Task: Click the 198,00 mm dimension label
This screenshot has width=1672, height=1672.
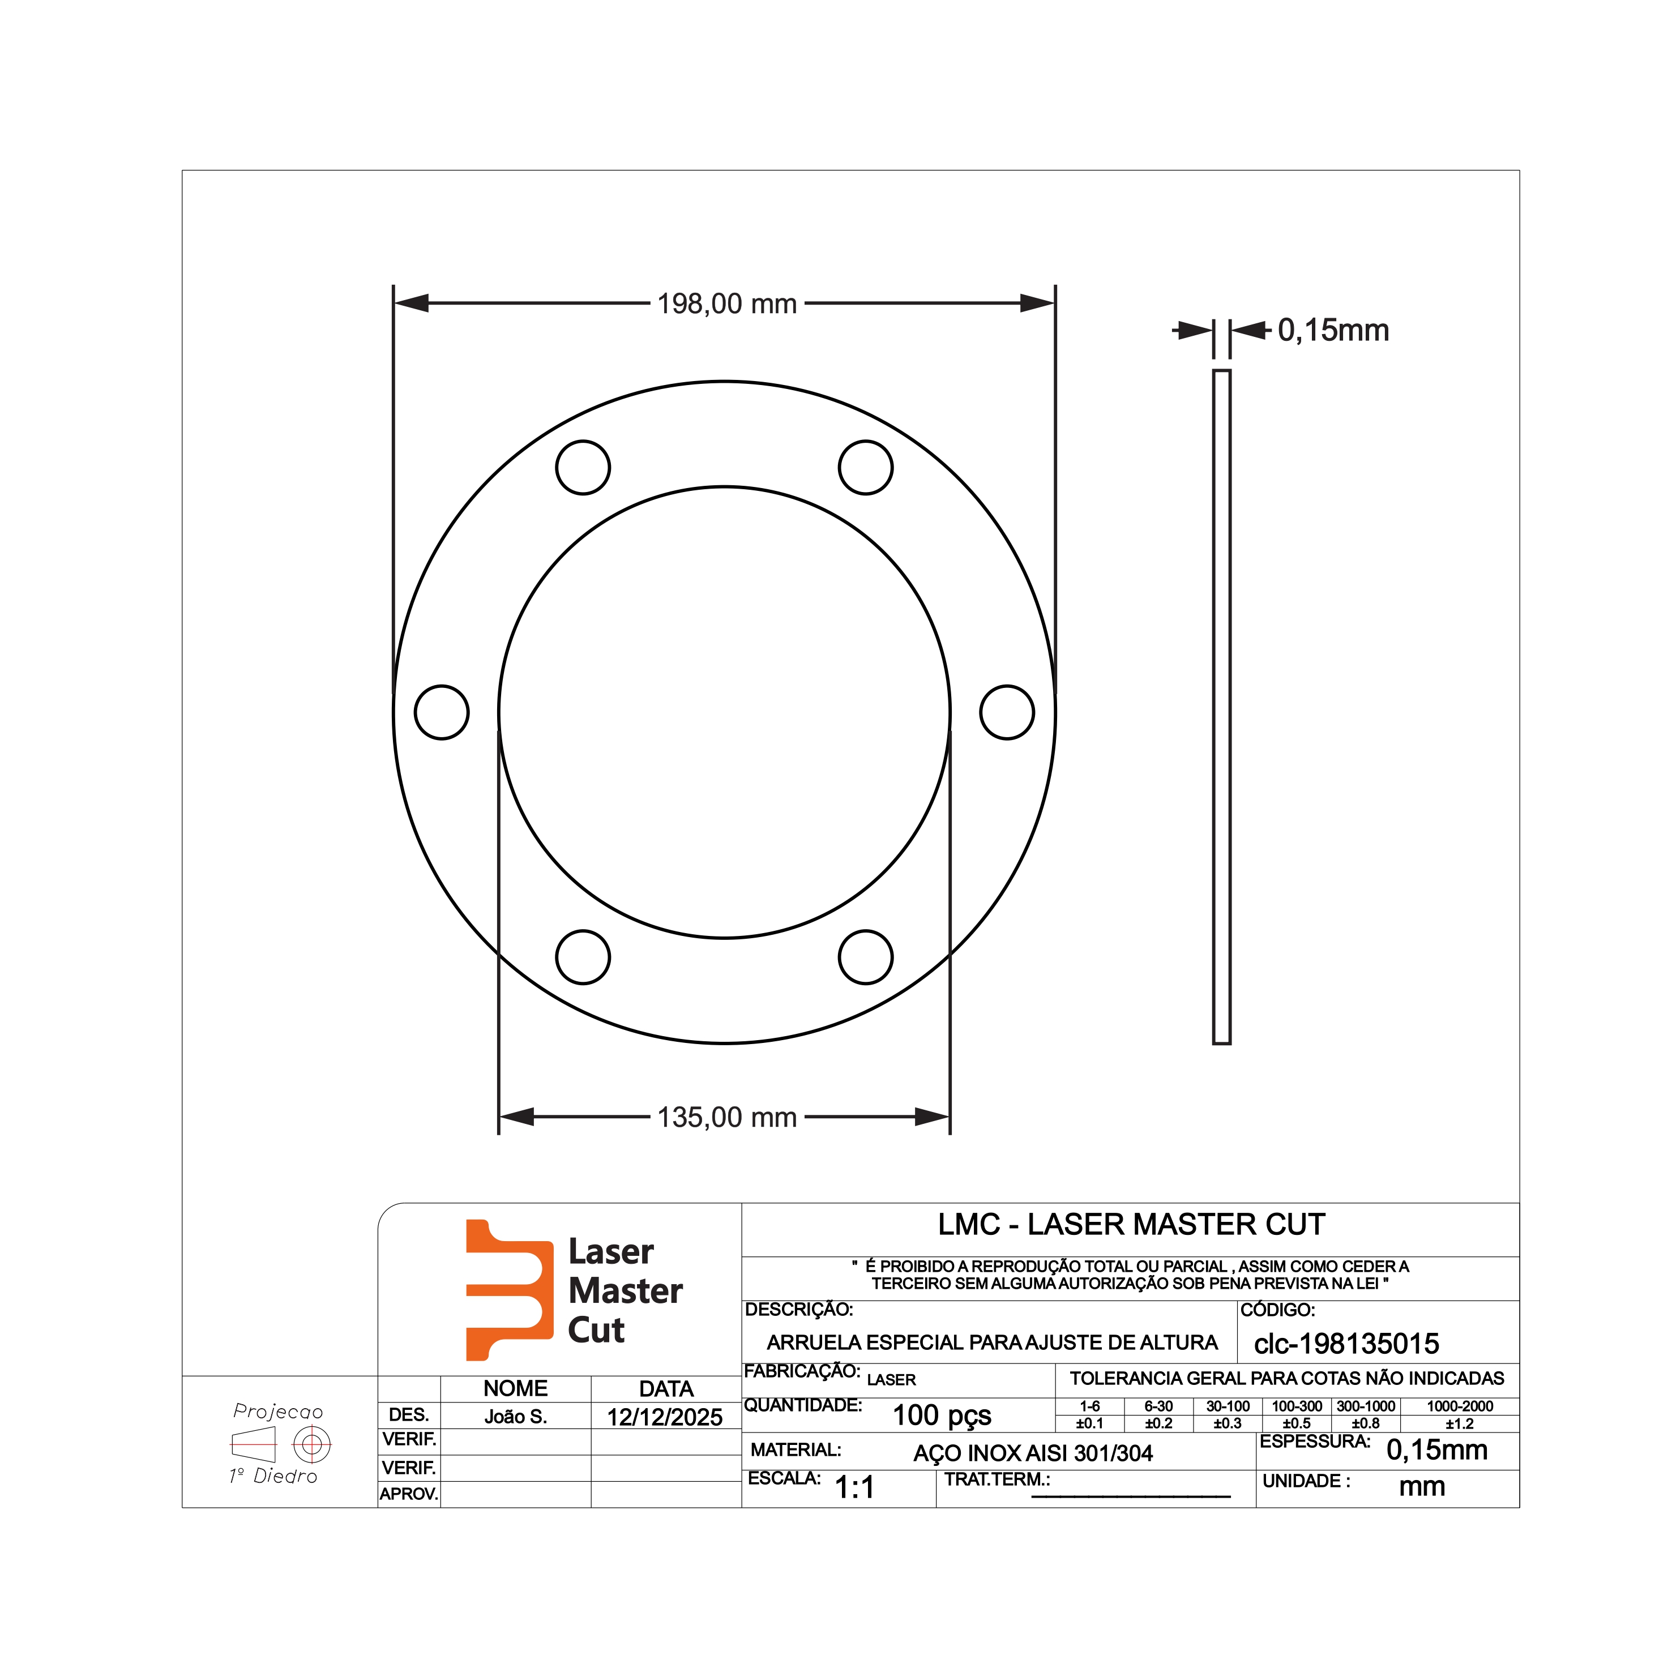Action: tap(727, 303)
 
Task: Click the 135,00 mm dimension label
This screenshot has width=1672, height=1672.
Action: tap(727, 1117)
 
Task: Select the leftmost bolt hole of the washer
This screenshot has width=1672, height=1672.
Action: tap(442, 712)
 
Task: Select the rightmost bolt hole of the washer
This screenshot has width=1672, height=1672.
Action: tap(1007, 712)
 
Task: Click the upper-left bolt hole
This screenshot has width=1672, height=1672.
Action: tap(583, 467)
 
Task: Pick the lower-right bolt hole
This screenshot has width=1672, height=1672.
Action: tap(866, 957)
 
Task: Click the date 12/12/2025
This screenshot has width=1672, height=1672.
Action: tap(665, 1418)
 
